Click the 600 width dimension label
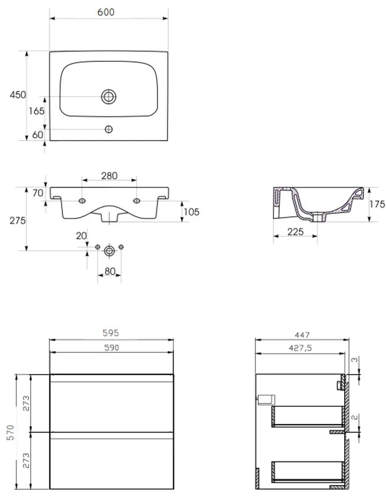(x=106, y=12)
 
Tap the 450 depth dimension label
(x=18, y=94)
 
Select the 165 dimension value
(x=36, y=111)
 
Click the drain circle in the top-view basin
(x=109, y=96)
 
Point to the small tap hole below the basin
(x=109, y=129)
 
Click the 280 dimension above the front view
(x=109, y=175)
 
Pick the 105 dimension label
(x=191, y=211)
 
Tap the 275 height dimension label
(x=18, y=220)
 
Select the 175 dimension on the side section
(x=377, y=204)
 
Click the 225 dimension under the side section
(x=295, y=232)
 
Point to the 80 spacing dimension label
(x=110, y=271)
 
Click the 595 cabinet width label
(x=110, y=333)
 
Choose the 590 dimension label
(x=112, y=348)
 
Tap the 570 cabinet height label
(x=11, y=432)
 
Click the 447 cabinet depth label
(x=302, y=335)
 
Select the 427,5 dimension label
(x=300, y=348)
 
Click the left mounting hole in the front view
(x=82, y=201)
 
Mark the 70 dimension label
(x=38, y=193)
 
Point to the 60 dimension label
(x=38, y=135)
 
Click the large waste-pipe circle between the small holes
(x=109, y=251)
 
